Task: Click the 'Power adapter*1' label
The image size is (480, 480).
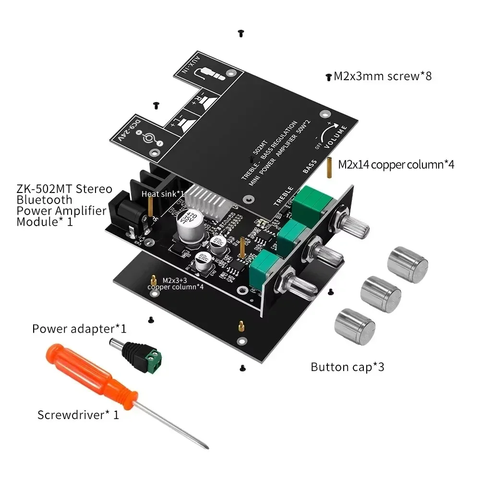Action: (x=79, y=329)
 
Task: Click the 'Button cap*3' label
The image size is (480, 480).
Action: (x=348, y=368)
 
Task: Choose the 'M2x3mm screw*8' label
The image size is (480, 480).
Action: (x=383, y=76)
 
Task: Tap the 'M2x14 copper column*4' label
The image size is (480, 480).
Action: (x=396, y=165)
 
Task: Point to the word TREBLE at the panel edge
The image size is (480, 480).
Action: (x=283, y=196)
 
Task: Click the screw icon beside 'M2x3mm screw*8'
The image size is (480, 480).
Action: (x=329, y=76)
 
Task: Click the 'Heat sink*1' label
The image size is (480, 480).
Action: (x=163, y=194)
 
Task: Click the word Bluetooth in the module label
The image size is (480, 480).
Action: (x=45, y=200)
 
